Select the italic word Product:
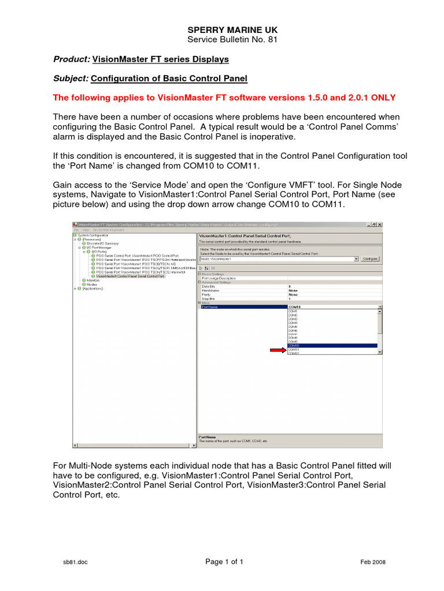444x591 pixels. [72, 59]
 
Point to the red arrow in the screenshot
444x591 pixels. [278, 350]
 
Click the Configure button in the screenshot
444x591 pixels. [370, 259]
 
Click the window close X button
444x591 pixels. [379, 224]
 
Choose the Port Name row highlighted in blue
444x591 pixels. [243, 307]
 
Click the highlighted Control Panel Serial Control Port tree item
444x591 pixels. [130, 276]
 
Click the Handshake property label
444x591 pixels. [211, 290]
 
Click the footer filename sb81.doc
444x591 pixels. [76, 562]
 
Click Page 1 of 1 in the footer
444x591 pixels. [224, 562]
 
